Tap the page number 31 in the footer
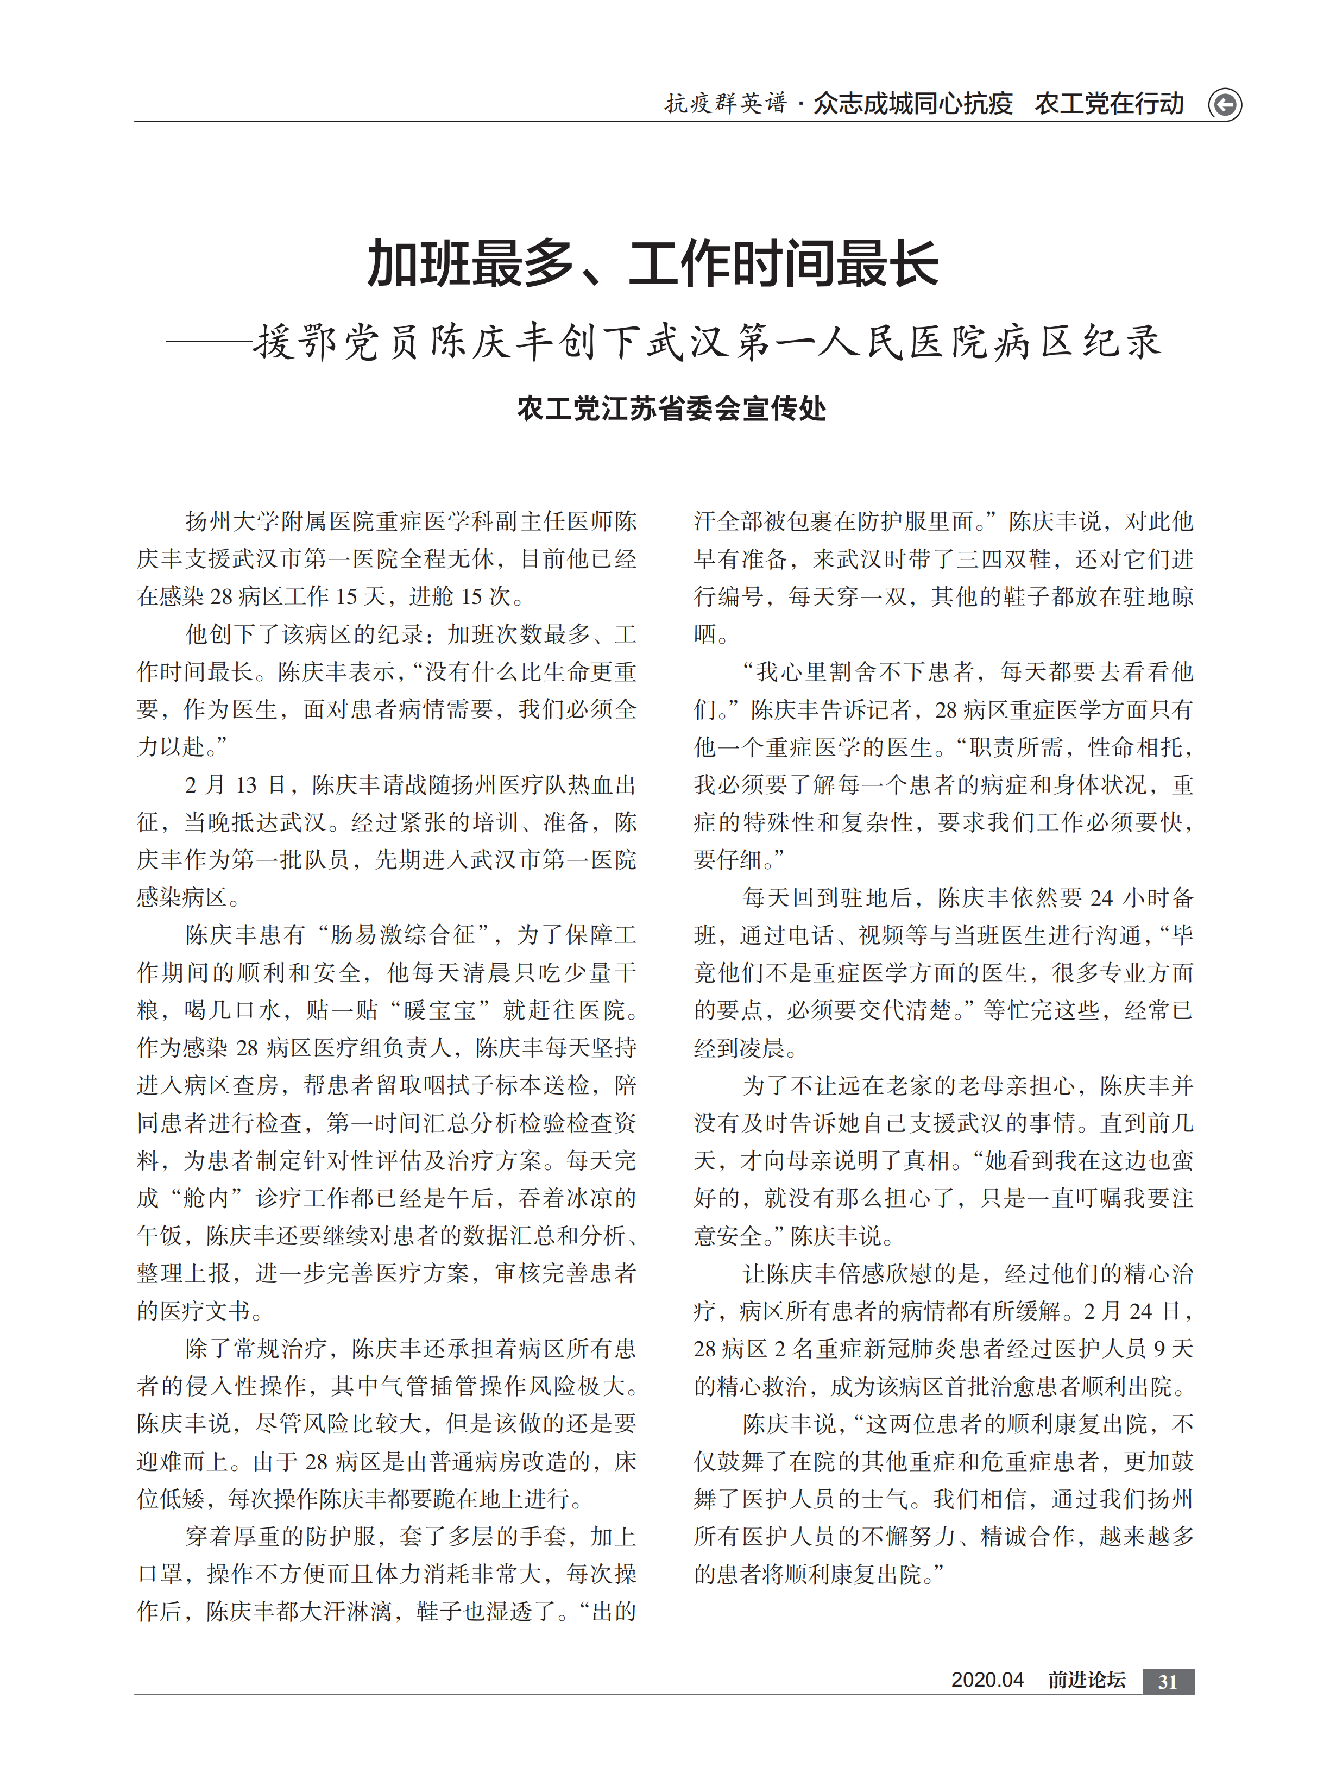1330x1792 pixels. (x=1168, y=1682)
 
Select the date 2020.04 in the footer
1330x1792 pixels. (x=987, y=1680)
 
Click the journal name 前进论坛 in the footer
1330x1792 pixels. (x=1086, y=1680)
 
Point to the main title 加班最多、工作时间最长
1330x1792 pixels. (x=653, y=264)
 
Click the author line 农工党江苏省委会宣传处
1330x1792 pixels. (x=671, y=408)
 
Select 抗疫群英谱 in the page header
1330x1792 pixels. (x=724, y=104)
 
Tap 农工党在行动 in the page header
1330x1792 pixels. (x=1108, y=104)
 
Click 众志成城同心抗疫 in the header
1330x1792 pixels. (x=912, y=104)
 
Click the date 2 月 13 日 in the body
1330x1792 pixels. (x=236, y=785)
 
